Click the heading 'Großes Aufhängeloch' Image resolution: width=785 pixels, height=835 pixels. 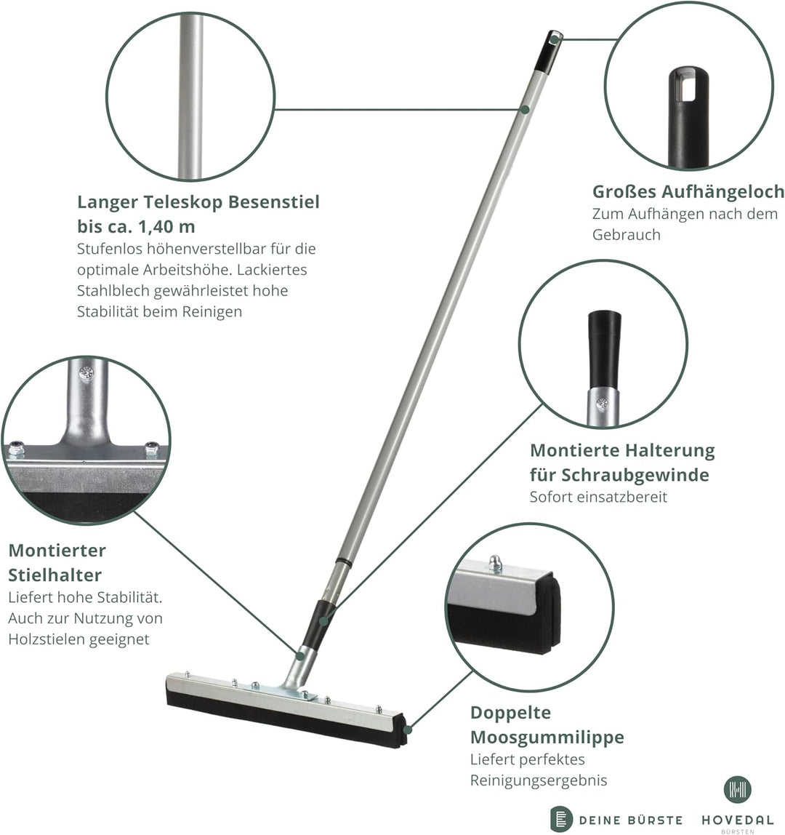688,191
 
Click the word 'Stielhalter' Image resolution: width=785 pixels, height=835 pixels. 55,575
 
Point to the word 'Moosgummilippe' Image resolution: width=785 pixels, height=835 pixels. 547,738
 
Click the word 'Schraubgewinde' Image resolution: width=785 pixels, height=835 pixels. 635,474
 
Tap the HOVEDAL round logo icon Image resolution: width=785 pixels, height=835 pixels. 737,789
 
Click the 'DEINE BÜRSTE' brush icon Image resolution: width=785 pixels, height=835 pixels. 561,819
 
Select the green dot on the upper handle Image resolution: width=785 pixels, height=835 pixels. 525,109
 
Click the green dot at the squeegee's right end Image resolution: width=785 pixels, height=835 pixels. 407,729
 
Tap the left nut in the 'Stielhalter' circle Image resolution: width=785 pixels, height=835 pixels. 17,449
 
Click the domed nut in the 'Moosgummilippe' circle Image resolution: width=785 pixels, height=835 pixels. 495,563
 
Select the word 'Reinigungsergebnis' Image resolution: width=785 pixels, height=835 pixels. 539,780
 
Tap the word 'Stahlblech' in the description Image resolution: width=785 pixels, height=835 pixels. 113,291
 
